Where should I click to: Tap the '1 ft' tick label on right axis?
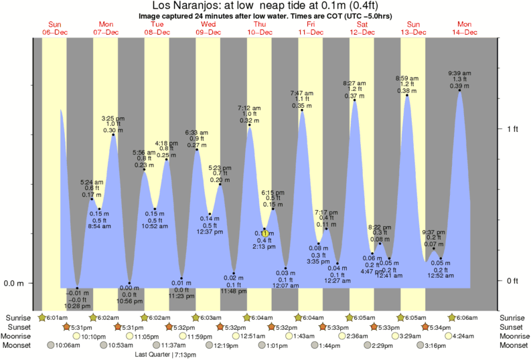[512, 128]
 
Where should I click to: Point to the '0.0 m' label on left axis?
[14, 283]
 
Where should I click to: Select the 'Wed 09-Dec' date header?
[208, 28]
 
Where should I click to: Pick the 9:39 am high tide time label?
[459, 73]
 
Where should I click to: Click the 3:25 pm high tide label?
[112, 118]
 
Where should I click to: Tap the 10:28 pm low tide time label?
[78, 306]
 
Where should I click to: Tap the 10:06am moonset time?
[66, 345]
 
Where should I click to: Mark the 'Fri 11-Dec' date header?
[311, 28]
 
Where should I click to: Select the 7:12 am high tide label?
[249, 108]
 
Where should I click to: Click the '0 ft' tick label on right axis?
[512, 280]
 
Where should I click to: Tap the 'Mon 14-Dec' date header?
[465, 28]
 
